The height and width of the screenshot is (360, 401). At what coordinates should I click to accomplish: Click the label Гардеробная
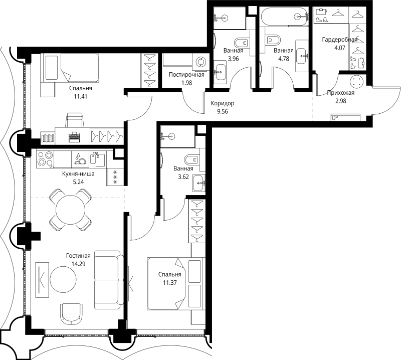tap(340, 40)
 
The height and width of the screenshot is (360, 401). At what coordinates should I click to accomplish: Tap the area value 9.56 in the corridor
tap(223, 111)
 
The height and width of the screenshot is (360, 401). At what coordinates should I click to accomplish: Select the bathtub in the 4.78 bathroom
tap(284, 17)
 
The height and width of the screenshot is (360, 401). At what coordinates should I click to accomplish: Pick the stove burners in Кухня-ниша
tap(46, 159)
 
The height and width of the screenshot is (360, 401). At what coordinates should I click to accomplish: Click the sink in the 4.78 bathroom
tap(301, 55)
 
